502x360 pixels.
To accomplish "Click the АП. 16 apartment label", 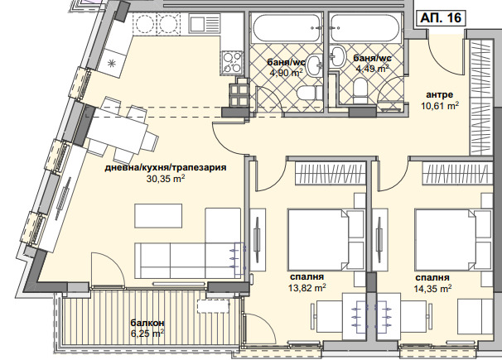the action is [x=441, y=17].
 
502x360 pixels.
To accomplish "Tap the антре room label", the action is [x=439, y=94].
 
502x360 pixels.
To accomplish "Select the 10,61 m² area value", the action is [x=440, y=105].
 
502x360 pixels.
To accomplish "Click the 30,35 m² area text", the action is [x=166, y=179].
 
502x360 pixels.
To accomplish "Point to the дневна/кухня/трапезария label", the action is [x=166, y=167].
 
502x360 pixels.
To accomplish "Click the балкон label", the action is [x=147, y=323].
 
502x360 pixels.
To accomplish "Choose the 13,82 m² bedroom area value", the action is [x=307, y=288].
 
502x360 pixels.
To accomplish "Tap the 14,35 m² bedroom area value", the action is [x=432, y=288].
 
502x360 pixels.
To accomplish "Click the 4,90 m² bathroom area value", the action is [x=287, y=73].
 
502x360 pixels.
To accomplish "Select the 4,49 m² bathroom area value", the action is [x=372, y=69].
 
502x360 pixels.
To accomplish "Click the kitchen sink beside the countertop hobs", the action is [x=204, y=24].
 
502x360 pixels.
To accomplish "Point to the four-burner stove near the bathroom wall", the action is [x=232, y=62].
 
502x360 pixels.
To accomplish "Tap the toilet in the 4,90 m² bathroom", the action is [x=309, y=94].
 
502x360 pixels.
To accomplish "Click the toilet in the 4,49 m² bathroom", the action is [x=360, y=90].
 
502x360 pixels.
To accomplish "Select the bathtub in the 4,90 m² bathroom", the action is [x=287, y=28].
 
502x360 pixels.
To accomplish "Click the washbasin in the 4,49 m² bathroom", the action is [x=337, y=56].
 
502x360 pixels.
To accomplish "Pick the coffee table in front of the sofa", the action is [x=158, y=216].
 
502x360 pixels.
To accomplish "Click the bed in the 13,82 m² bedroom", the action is [x=326, y=240].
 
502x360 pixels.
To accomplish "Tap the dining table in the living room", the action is [x=118, y=129].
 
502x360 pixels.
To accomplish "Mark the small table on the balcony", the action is [x=214, y=305].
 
